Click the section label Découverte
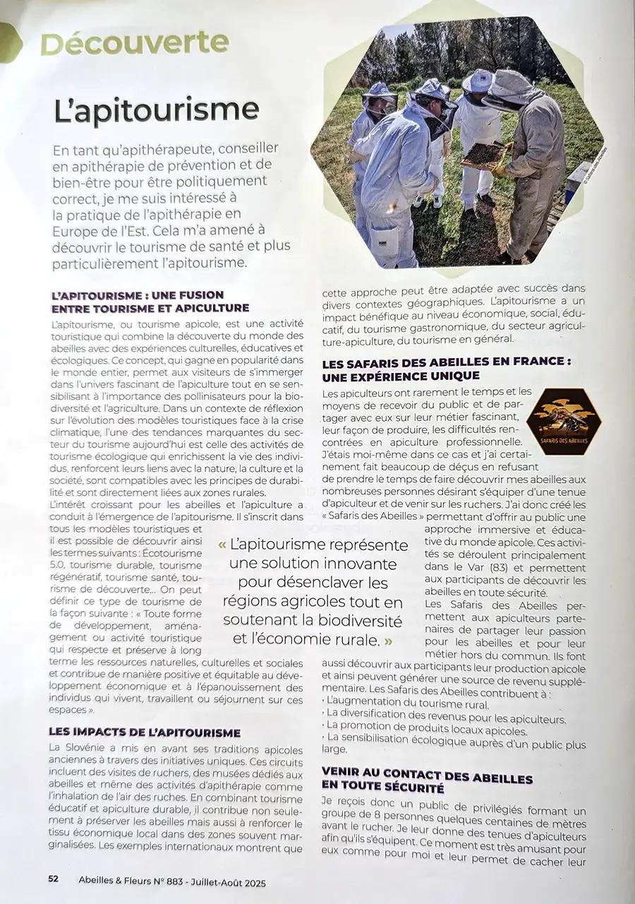pyautogui.click(x=134, y=44)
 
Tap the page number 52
pyautogui.click(x=53, y=879)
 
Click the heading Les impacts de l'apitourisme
pyautogui.click(x=145, y=732)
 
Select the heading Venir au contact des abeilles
pyautogui.click(x=427, y=778)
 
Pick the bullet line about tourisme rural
pyautogui.click(x=406, y=705)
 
